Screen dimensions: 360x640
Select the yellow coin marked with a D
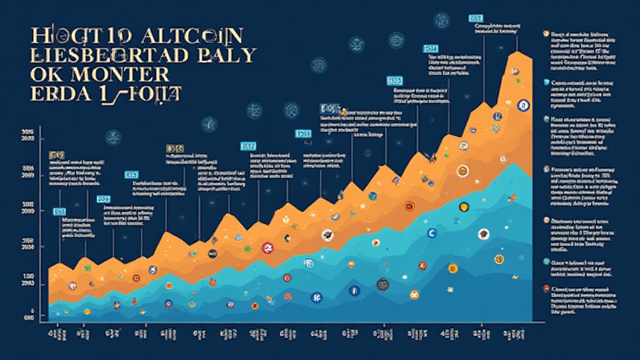click(x=453, y=269)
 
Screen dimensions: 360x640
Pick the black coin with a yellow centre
click(x=464, y=207)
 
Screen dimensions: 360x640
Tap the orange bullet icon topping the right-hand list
click(x=546, y=33)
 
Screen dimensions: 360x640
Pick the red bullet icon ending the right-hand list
click(x=546, y=289)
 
